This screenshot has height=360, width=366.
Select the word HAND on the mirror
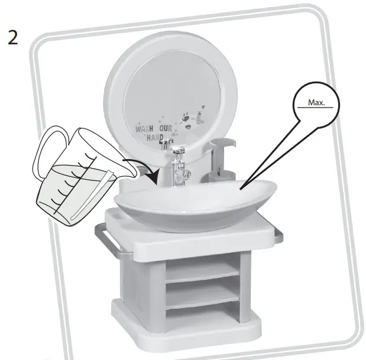tap(155, 138)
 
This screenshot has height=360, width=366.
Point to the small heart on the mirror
tap(202, 107)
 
